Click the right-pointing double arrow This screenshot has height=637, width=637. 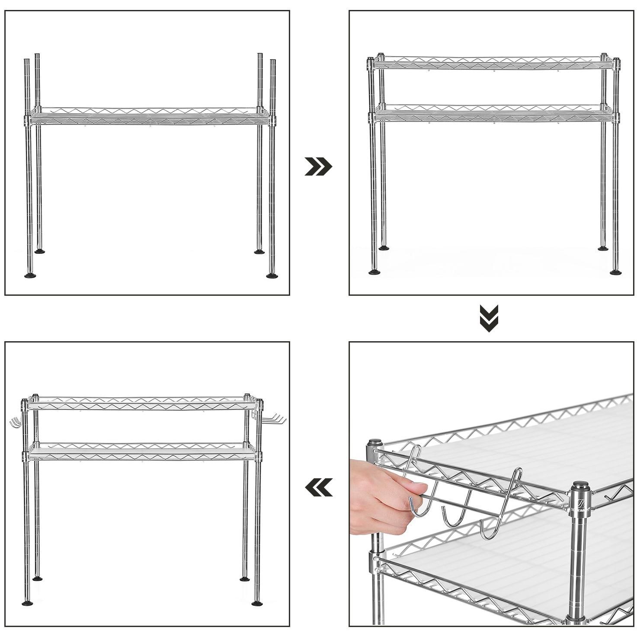[318, 166]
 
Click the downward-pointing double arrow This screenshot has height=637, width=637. [489, 318]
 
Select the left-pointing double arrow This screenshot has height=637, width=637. [319, 487]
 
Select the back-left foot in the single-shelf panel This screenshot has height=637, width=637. [39, 250]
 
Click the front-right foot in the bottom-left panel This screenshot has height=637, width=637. [257, 602]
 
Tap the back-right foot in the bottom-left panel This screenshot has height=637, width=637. [245, 579]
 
